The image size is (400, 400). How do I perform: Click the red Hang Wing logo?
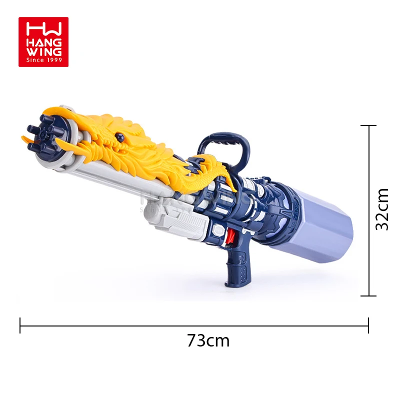pyautogui.click(x=43, y=42)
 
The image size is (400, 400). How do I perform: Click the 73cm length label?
pyautogui.click(x=208, y=340)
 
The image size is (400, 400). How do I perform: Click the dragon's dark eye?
pyautogui.click(x=119, y=135)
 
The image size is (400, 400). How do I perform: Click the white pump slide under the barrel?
pyautogui.click(x=175, y=220)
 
